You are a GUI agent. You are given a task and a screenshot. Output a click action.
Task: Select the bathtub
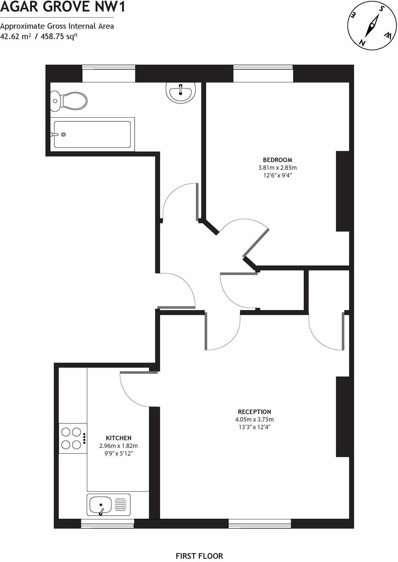tap(92, 134)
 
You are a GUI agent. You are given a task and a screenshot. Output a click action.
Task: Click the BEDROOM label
tap(277, 160)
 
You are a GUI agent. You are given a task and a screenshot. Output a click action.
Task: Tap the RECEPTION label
tap(254, 412)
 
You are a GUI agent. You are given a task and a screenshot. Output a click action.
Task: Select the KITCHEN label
tap(119, 438)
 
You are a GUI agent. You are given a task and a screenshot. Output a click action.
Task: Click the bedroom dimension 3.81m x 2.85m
tap(277, 168)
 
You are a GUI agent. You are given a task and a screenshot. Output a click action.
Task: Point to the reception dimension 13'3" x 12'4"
tap(254, 427)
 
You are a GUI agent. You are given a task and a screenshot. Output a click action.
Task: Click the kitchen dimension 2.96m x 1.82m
tap(119, 446)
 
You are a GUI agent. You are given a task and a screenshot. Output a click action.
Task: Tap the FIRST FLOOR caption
tap(199, 556)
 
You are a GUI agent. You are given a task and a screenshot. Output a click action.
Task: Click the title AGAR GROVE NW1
tap(62, 7)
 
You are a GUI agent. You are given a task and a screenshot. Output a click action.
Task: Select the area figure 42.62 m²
tap(16, 36)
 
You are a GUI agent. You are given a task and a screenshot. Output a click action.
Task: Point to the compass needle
tap(372, 26)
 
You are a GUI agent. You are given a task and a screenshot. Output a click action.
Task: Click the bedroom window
tap(263, 73)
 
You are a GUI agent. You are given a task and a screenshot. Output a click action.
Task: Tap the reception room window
tap(260, 524)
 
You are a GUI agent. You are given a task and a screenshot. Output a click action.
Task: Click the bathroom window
tap(108, 73)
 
